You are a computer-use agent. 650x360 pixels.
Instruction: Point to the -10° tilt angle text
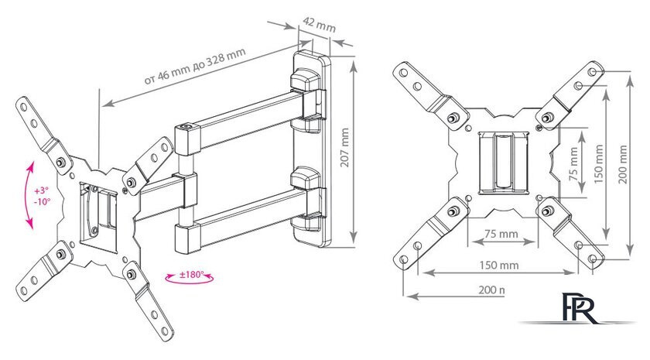coord(42,201)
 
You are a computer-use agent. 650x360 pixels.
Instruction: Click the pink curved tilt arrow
coord(29,194)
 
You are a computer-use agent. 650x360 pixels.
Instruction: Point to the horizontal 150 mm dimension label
coord(498,266)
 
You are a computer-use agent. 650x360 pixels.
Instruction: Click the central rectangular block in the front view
coord(504,162)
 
